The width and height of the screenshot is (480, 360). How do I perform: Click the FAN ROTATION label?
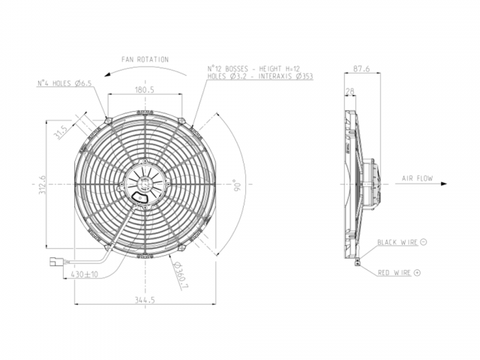click(x=145, y=59)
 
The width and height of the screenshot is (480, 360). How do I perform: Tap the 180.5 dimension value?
click(x=145, y=90)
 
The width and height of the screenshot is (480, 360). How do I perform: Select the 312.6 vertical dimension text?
click(x=42, y=184)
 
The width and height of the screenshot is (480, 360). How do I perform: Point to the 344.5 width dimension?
click(x=145, y=300)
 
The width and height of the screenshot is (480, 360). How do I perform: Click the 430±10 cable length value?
click(x=85, y=274)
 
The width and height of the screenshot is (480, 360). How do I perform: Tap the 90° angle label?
click(x=238, y=186)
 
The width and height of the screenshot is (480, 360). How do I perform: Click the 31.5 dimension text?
click(x=60, y=132)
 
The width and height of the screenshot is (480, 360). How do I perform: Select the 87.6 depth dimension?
click(x=361, y=68)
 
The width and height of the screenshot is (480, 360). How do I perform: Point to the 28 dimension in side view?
click(x=349, y=91)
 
